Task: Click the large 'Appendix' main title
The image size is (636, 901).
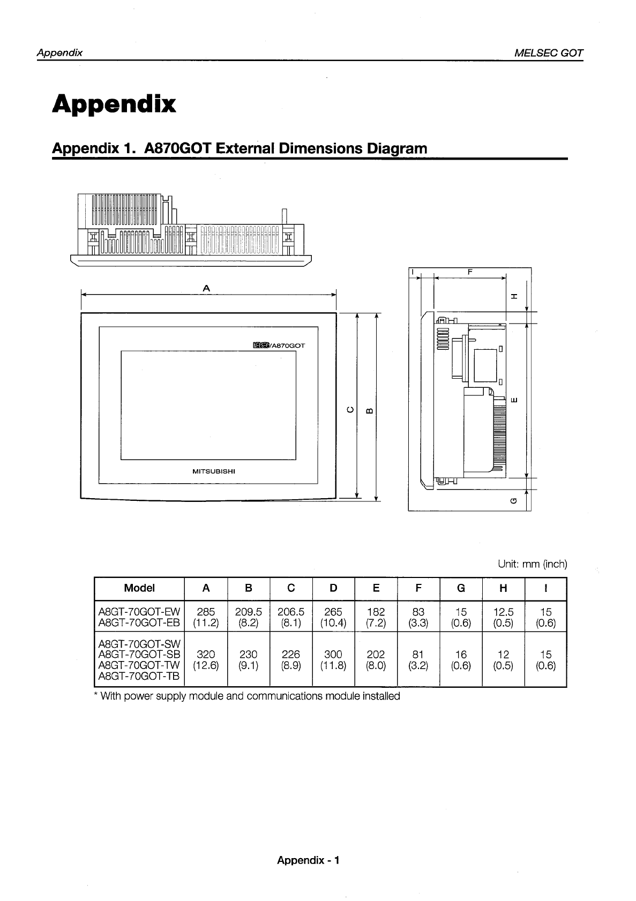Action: pos(114,104)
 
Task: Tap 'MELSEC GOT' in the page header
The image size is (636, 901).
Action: pos(548,53)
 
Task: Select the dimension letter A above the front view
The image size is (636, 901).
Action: pos(207,288)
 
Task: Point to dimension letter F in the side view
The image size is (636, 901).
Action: pos(470,272)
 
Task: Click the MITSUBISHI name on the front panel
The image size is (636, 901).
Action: pos(214,471)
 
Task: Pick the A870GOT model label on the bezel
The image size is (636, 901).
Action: pos(279,346)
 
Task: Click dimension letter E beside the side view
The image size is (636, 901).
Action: pos(514,400)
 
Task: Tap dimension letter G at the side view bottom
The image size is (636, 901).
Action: pos(514,501)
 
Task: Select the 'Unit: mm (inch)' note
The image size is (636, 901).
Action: pos(532,564)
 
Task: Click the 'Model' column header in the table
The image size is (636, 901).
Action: pos(139,588)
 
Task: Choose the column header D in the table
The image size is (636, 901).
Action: pos(333,588)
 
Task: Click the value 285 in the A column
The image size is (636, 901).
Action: pos(206,612)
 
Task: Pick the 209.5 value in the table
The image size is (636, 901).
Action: pos(249,612)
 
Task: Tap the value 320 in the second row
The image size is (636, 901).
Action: pos(206,655)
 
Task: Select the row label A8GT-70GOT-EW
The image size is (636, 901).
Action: pos(139,612)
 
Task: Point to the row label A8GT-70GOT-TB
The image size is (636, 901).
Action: pos(139,677)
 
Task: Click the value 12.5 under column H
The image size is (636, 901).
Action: pos(503,612)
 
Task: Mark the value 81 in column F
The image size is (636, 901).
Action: pos(418,655)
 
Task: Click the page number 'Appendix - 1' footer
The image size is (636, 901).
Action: pos(308,860)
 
